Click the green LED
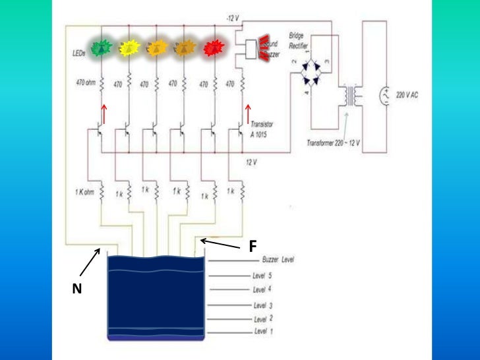tap(102, 47)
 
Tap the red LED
tap(213, 47)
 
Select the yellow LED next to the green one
tap(129, 47)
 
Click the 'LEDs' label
tap(78, 51)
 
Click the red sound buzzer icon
tap(264, 47)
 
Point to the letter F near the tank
tap(252, 247)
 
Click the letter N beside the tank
tap(77, 287)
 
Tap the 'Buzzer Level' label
tap(278, 260)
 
